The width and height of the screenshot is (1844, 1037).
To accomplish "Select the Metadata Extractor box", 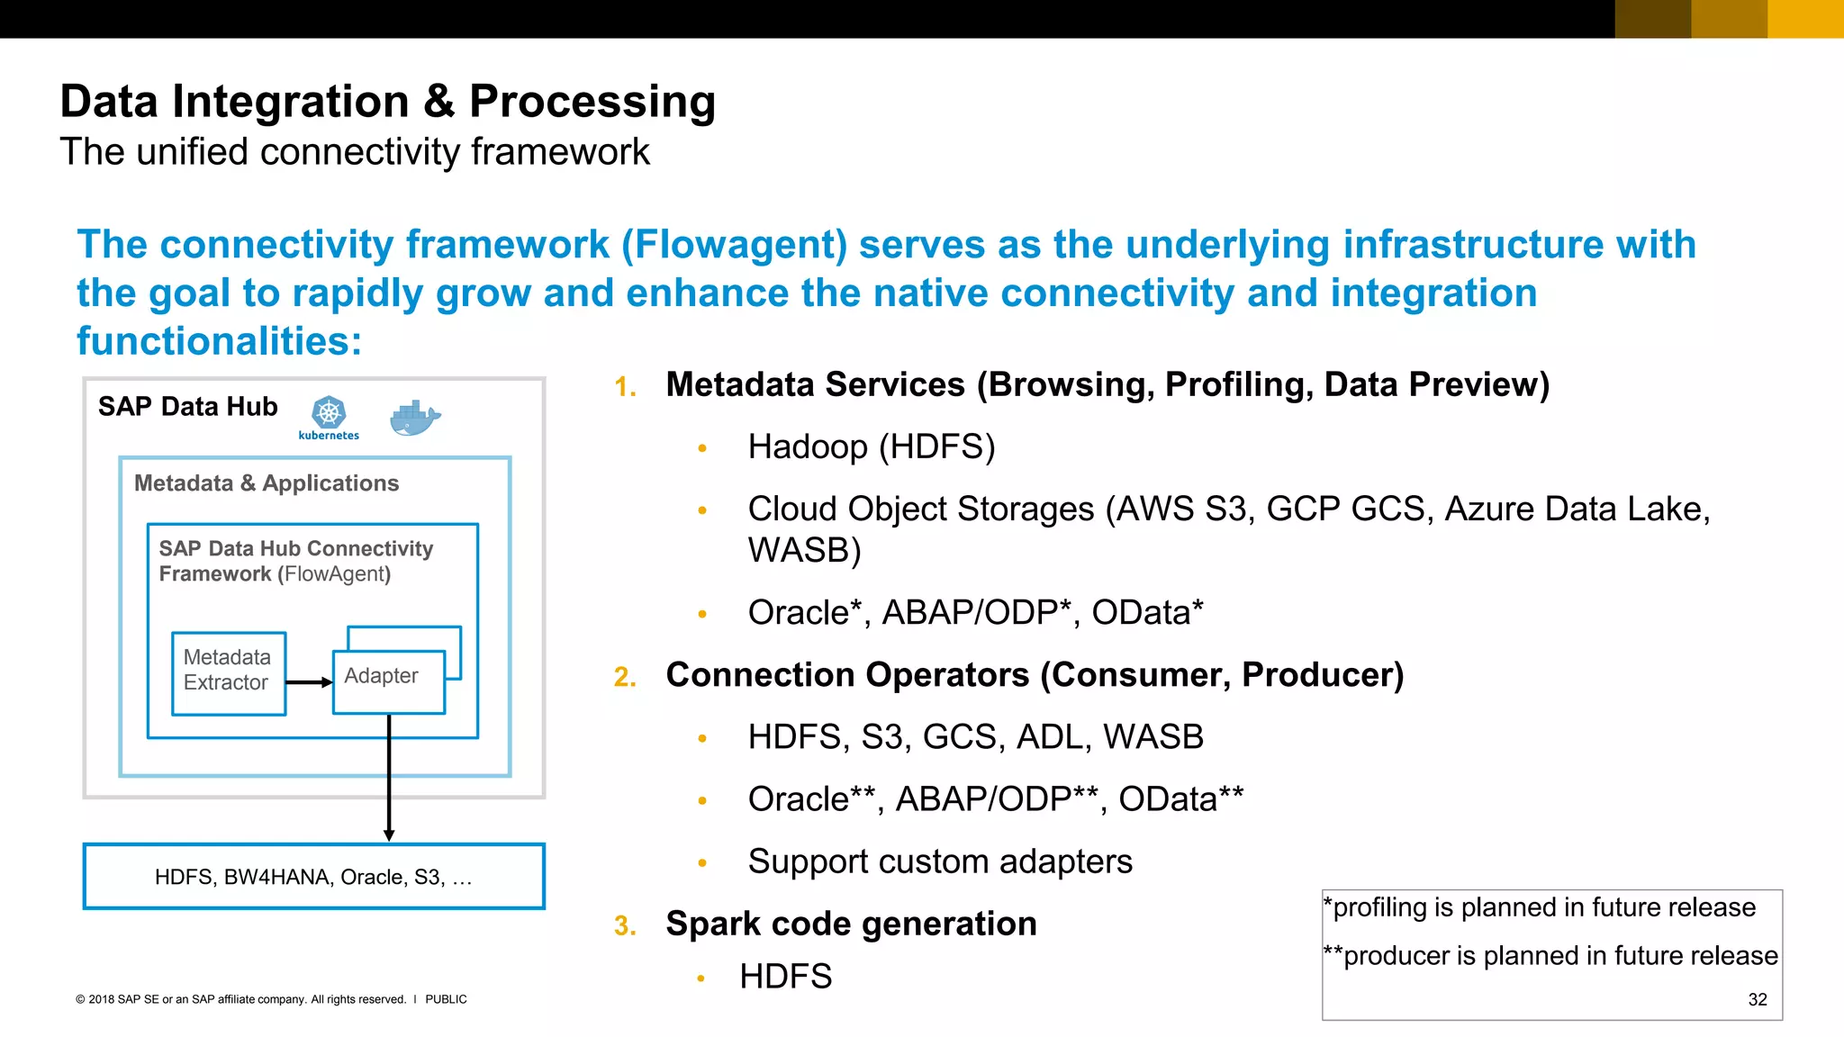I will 229,673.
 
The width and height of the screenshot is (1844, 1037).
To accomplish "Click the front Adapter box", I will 388,681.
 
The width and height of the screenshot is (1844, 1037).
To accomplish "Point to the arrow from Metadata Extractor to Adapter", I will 309,682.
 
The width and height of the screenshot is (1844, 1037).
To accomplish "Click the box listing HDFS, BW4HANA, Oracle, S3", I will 313,876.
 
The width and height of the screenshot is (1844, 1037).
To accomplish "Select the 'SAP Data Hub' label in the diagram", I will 187,407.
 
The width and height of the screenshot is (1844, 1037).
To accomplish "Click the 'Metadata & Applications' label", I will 266,483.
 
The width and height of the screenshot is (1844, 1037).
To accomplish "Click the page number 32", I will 1757,999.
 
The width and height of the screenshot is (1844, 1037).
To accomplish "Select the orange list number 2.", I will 625,677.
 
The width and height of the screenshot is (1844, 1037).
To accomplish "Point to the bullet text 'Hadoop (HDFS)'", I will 871,446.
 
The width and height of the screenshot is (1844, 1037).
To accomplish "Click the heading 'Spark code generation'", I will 851,924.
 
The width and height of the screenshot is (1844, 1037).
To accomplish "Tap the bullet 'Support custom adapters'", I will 939,861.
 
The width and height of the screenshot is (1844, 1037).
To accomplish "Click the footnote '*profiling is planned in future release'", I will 1540,907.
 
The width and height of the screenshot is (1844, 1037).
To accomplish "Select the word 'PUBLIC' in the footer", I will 446,999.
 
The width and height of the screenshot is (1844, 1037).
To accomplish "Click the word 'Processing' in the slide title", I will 592,101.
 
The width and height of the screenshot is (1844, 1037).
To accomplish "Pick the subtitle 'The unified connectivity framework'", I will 354,151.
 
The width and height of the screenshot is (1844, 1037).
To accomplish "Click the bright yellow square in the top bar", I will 1805,18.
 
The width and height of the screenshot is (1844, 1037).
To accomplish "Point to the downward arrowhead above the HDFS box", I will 389,835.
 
